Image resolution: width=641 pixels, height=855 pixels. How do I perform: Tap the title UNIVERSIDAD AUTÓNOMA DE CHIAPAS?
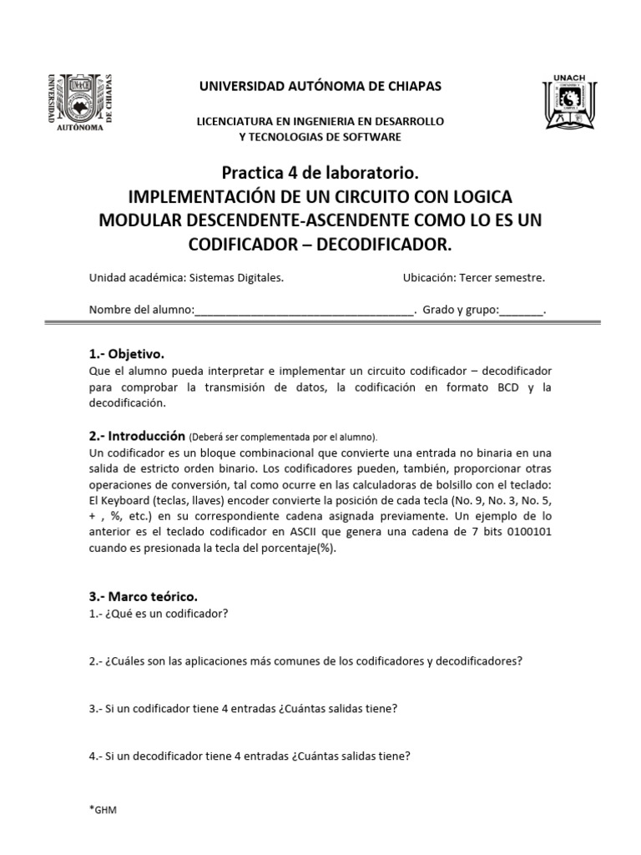pos(320,87)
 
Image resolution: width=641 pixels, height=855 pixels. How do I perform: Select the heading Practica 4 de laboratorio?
pos(319,174)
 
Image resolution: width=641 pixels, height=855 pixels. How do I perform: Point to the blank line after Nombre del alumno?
pos(304,311)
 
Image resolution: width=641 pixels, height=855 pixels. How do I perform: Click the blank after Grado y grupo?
pos(521,311)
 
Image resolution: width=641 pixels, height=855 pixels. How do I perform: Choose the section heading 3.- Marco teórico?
pos(144,596)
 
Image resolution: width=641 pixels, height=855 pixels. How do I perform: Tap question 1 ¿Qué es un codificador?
pos(159,614)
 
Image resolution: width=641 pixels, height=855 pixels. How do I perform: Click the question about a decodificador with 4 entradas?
pos(249,758)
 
